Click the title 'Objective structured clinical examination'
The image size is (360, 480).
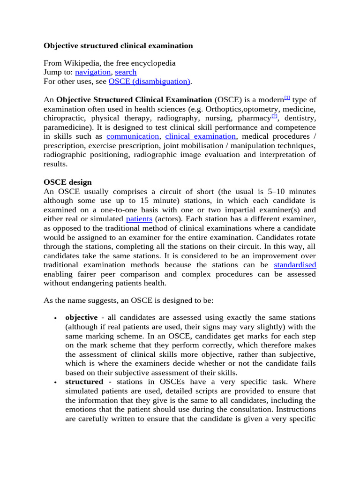(x=118, y=46)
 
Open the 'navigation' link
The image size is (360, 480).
(x=93, y=72)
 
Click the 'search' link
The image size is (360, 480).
(x=126, y=72)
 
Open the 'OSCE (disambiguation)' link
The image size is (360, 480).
(x=149, y=82)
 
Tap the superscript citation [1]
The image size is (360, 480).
(x=287, y=98)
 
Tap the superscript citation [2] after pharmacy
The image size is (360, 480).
(x=275, y=116)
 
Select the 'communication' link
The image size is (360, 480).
(x=133, y=136)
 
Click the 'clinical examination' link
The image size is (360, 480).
(x=200, y=136)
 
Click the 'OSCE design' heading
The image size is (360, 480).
(x=67, y=182)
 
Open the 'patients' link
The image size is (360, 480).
(x=139, y=219)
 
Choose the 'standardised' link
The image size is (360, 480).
(x=295, y=265)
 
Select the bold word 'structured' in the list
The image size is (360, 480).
(x=84, y=382)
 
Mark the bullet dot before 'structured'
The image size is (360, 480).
(x=55, y=382)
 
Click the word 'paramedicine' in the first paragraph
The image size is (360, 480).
(x=67, y=127)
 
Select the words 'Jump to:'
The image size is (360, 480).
(x=58, y=72)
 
